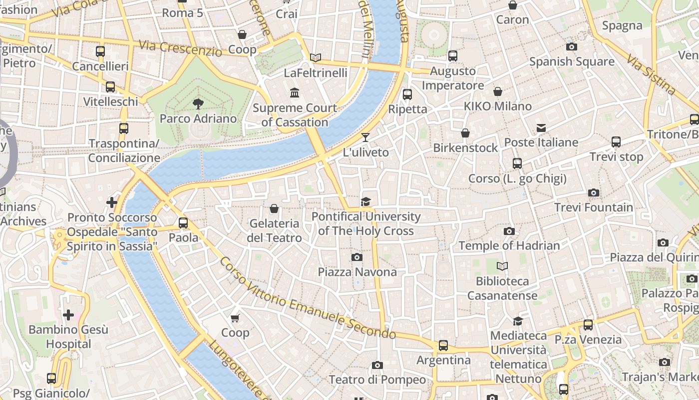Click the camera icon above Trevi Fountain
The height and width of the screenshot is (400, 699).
(593, 193)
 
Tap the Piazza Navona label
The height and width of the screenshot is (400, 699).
(357, 272)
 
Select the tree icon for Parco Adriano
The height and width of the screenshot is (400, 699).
(198, 104)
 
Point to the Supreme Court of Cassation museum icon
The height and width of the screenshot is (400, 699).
(295, 93)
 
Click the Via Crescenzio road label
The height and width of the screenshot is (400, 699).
(180, 48)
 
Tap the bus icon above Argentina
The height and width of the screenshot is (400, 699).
(443, 345)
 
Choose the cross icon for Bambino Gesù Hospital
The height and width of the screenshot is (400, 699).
(68, 315)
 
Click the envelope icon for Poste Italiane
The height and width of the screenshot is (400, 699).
(541, 128)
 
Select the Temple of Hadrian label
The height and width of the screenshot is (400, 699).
(509, 245)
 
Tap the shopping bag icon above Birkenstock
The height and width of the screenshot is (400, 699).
(465, 133)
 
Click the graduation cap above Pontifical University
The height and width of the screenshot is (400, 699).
(366, 201)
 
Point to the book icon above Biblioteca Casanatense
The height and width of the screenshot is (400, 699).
(502, 266)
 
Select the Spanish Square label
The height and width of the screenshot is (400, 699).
(572, 61)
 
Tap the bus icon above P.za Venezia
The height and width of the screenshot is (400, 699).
(588, 325)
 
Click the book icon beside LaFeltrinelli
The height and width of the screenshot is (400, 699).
(315, 58)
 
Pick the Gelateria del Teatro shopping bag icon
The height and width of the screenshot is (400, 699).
(274, 208)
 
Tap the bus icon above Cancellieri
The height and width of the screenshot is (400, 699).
(100, 51)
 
